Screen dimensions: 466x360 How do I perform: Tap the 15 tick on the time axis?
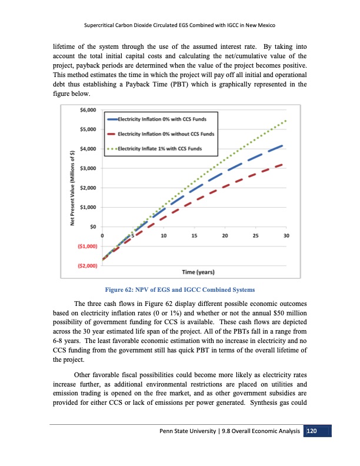(x=194, y=236)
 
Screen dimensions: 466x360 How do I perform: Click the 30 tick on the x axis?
(x=286, y=236)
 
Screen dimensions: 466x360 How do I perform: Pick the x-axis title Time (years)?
(x=198, y=272)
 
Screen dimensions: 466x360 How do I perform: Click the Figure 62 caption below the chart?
(x=179, y=289)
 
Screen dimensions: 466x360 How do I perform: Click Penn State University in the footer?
(x=181, y=433)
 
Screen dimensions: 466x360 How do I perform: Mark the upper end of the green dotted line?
(x=286, y=121)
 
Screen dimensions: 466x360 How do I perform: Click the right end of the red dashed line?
(x=285, y=164)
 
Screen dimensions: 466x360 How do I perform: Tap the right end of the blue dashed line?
(x=284, y=145)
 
